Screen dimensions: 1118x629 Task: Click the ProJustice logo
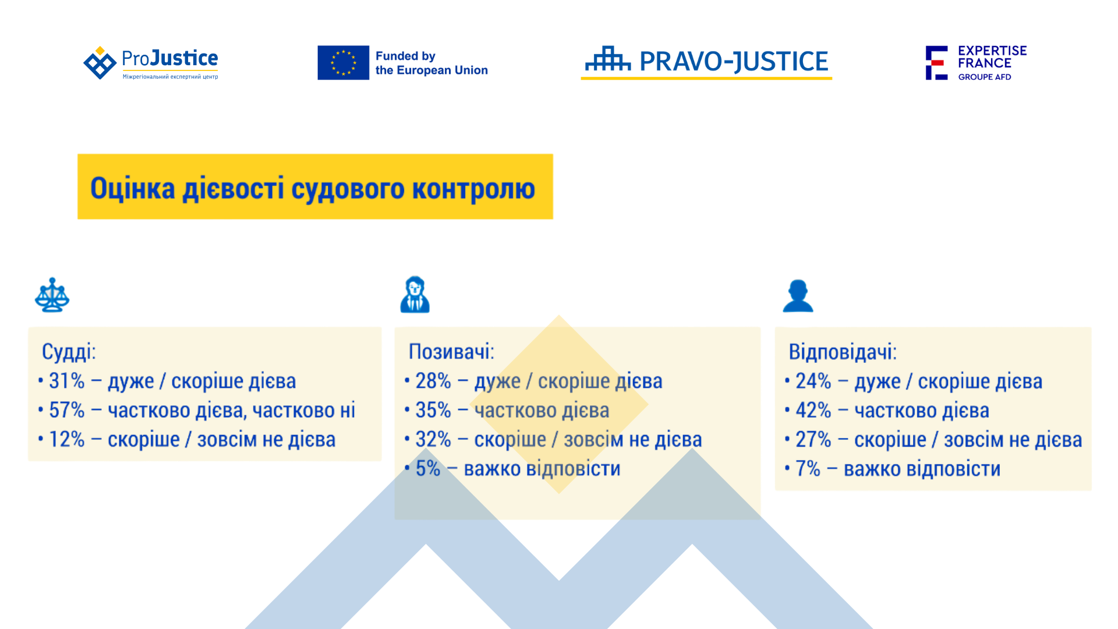coord(151,63)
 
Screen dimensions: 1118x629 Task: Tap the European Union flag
coord(343,62)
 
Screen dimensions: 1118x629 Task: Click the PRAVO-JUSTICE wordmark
coord(734,61)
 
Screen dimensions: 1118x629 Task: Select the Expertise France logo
coord(977,63)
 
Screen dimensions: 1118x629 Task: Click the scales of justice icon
coord(52,295)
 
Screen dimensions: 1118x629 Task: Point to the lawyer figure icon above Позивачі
coord(415,295)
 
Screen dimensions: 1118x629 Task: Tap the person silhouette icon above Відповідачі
coord(798,296)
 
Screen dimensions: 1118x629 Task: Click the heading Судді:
coord(69,352)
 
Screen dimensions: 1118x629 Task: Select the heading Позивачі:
coord(451,352)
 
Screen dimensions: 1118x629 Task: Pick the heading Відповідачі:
coord(843,352)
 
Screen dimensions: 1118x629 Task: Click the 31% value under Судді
coord(67,381)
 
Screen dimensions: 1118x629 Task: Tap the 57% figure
coord(67,410)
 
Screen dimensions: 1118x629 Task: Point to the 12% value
coord(67,439)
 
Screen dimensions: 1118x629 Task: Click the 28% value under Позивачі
coord(433,381)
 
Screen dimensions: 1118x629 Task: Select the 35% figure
coord(433,410)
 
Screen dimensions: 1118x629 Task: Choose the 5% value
coord(428,468)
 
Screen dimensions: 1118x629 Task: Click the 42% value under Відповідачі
coord(813,410)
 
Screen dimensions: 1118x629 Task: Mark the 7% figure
coord(808,468)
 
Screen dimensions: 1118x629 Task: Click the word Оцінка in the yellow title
coord(133,188)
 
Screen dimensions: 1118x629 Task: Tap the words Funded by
coord(405,56)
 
